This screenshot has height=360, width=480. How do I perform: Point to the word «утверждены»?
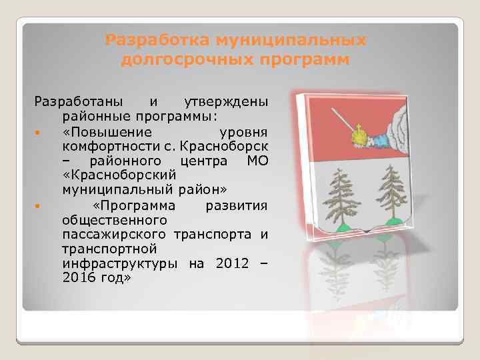225,102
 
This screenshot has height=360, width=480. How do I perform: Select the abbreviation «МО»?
257,161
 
